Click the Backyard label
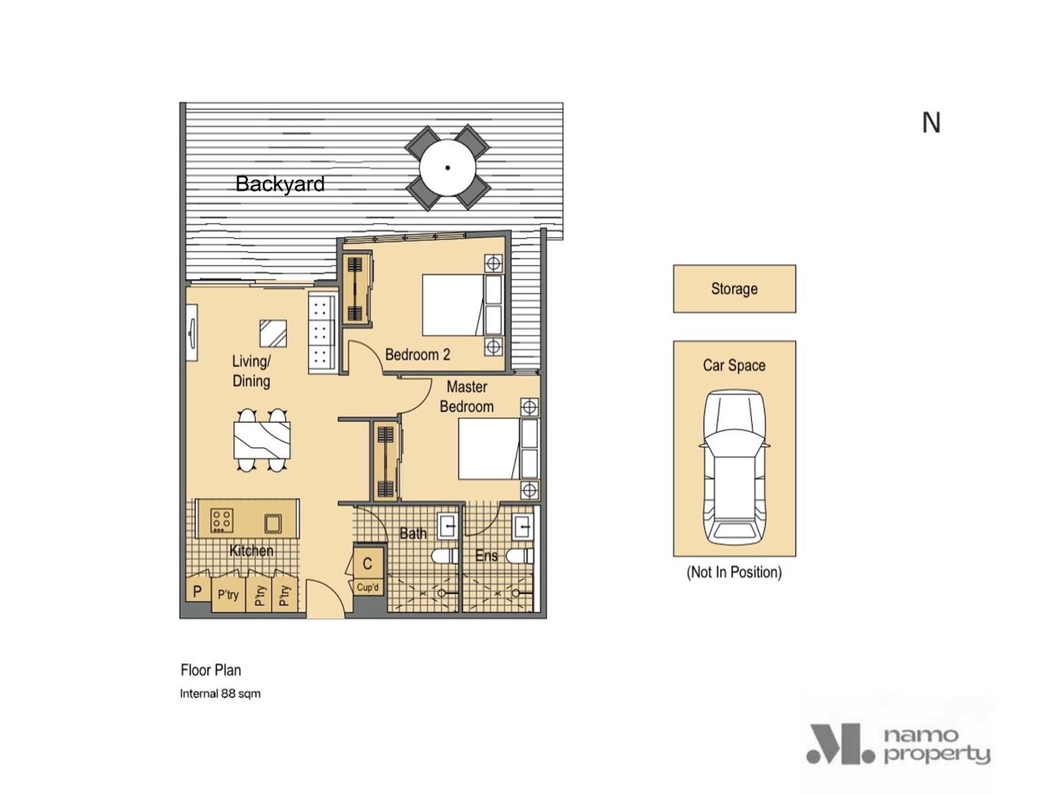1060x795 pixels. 280,184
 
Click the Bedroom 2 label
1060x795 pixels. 417,355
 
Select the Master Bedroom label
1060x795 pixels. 467,397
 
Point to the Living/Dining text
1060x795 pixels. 251,371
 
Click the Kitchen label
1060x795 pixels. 251,550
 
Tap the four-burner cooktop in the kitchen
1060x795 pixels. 222,520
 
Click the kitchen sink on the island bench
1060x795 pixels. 273,523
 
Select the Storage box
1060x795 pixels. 734,289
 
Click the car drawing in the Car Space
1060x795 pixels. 734,468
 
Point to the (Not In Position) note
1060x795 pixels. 734,572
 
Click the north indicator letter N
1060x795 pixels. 931,123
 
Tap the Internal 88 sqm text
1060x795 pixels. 220,693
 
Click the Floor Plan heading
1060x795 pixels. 211,670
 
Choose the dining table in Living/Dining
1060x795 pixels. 262,440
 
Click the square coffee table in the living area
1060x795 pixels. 273,334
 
